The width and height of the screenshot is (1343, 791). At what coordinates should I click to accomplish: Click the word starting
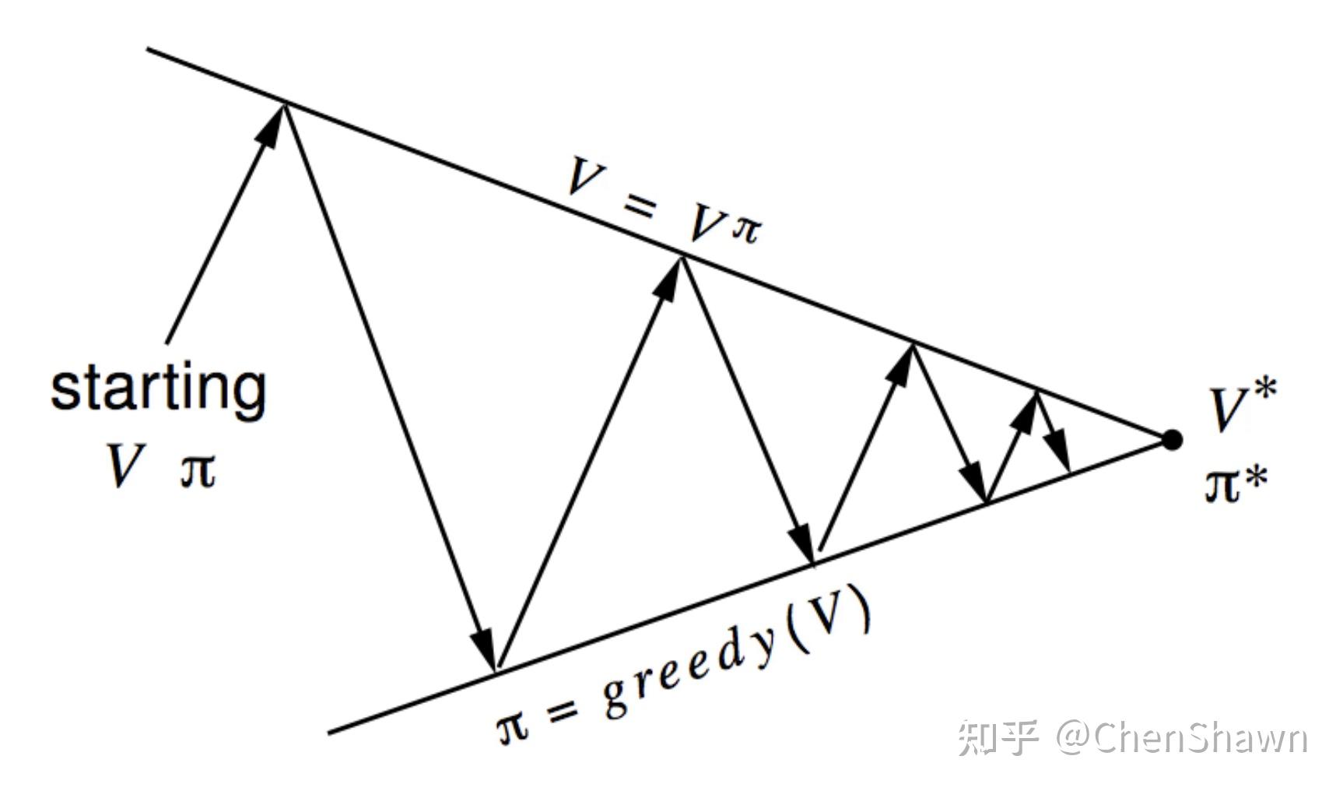[x=159, y=389]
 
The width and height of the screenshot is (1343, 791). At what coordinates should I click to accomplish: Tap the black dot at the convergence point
[x=1172, y=440]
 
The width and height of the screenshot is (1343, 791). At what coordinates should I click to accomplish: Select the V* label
[x=1242, y=405]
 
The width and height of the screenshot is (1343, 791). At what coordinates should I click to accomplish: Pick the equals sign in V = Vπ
[x=639, y=206]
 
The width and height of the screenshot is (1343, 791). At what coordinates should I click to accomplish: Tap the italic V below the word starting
[x=124, y=466]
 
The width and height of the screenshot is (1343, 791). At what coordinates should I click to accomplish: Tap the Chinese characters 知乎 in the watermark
[x=998, y=738]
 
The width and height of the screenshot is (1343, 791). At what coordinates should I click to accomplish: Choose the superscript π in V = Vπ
[x=745, y=229]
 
